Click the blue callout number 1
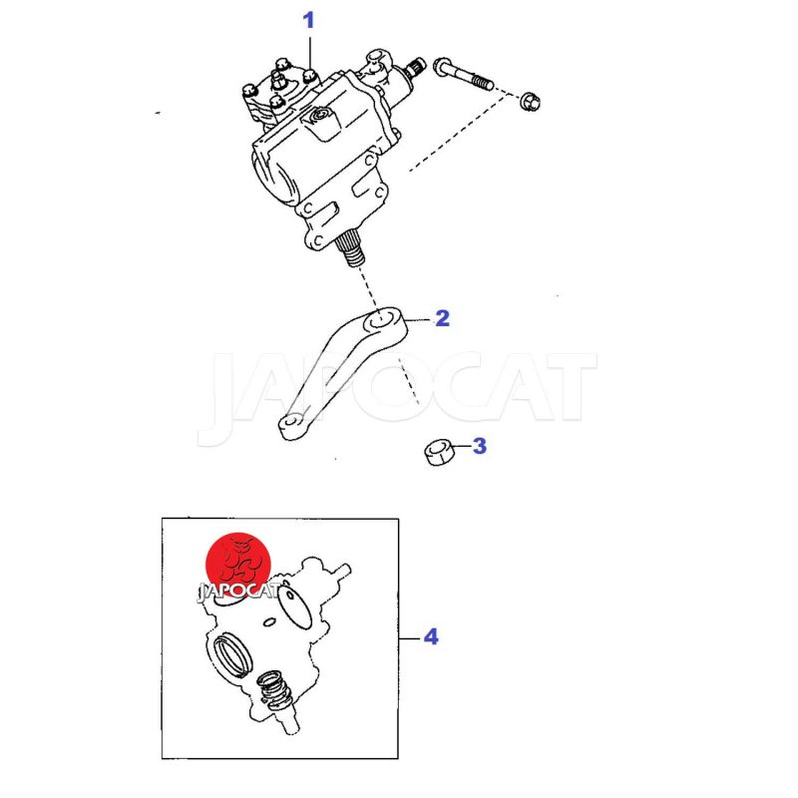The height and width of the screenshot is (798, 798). point(308,21)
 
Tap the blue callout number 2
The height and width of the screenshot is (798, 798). point(442,318)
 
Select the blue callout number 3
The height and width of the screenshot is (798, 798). point(480,446)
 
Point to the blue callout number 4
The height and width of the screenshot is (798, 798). point(431,636)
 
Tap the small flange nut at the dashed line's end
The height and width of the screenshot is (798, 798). point(530,101)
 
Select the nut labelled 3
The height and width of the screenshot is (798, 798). point(438,453)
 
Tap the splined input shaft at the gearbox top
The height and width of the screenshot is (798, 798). point(416,66)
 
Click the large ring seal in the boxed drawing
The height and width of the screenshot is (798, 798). point(233,655)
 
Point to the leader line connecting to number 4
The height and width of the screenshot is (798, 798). point(411,638)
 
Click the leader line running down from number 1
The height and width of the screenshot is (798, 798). point(310,55)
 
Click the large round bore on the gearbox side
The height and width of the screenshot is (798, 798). point(275,178)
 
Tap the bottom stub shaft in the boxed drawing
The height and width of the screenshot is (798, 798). point(288,722)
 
